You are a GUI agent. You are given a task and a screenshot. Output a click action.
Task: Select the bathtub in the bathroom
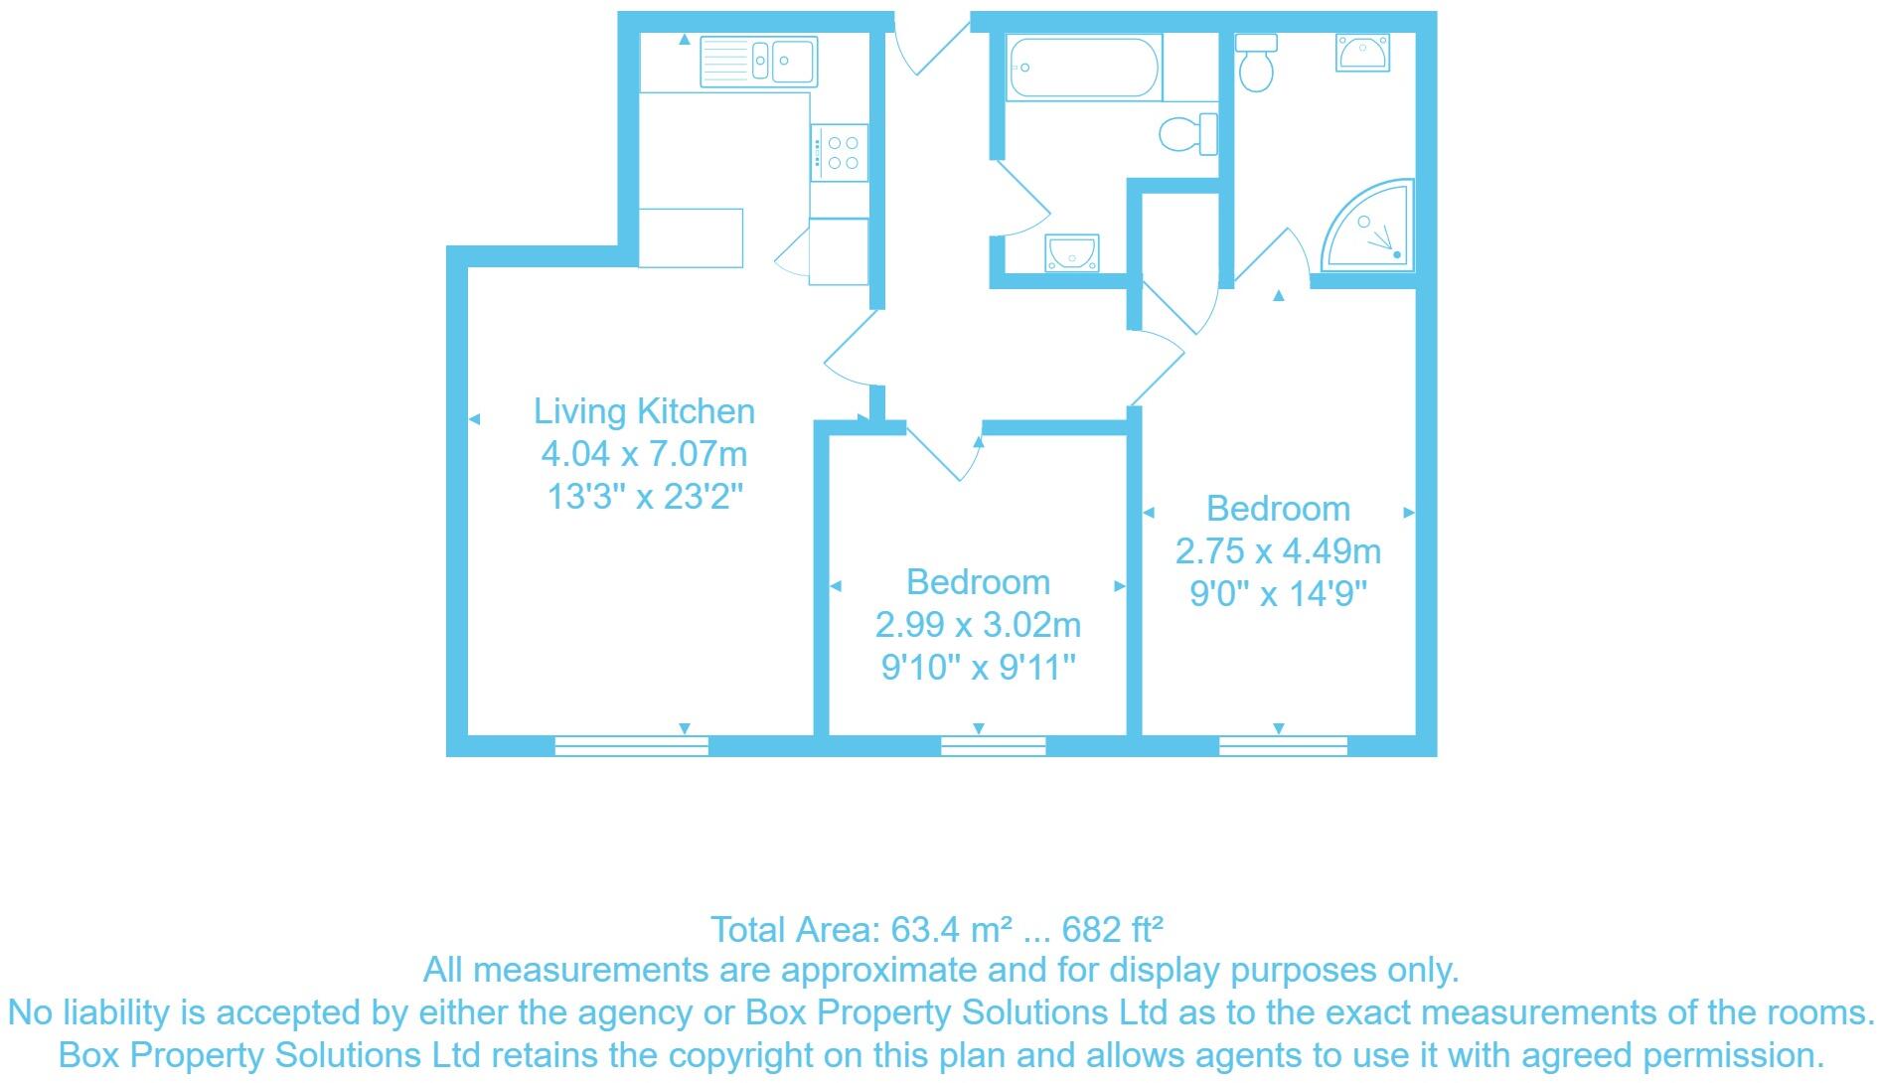pos(1082,68)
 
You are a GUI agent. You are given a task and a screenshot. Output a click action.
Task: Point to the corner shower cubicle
pos(1372,229)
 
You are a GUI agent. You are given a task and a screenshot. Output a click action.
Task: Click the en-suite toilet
pos(1257,62)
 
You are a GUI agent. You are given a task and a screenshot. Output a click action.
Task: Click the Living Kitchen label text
pos(644,411)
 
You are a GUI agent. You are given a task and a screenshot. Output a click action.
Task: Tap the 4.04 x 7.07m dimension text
pos(644,455)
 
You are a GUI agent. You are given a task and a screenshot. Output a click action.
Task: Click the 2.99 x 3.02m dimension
pos(978,625)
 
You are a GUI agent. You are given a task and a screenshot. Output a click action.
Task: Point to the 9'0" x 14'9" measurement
pos(1278,594)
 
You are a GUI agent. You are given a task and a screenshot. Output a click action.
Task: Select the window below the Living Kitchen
pos(631,746)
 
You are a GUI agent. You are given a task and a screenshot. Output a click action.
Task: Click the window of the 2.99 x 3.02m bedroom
pos(993,746)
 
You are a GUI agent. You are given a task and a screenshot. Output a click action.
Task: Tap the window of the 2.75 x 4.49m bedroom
pos(1283,746)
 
